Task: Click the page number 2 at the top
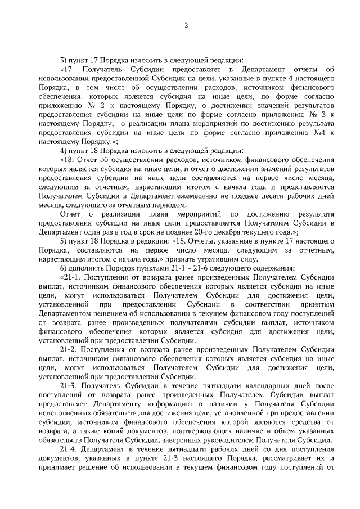(x=186, y=25)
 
